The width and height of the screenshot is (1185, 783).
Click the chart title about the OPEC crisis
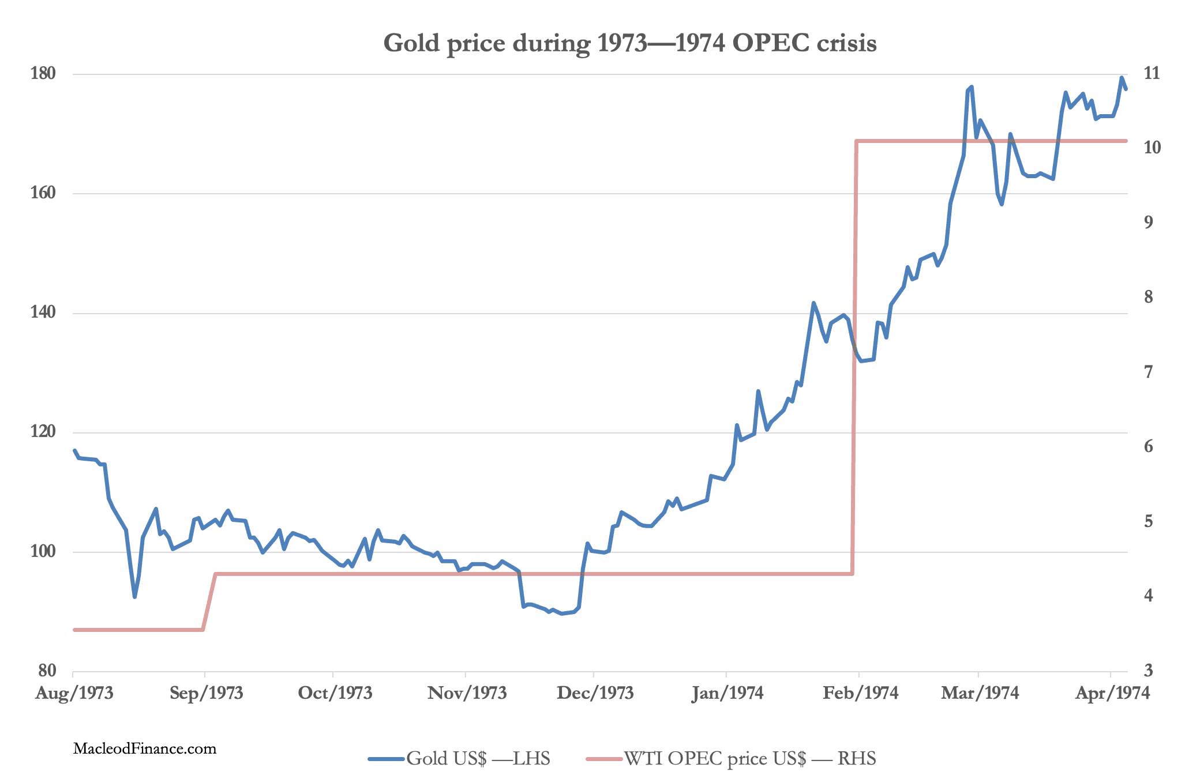630,43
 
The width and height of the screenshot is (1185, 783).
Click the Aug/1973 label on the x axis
74,693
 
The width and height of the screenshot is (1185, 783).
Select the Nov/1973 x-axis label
467,693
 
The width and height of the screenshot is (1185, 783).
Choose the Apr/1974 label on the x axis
1112,693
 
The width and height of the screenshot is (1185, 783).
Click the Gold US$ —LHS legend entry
459,758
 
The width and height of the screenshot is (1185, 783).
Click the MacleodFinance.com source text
145,749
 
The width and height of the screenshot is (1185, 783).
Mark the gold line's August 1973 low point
134,597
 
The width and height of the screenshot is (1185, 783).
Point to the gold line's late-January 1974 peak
813,303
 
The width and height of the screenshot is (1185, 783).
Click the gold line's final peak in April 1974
1122,77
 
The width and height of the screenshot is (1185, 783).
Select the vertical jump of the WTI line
854,357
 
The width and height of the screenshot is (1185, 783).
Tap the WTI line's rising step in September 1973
209,601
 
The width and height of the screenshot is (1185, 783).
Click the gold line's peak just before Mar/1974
972,86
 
